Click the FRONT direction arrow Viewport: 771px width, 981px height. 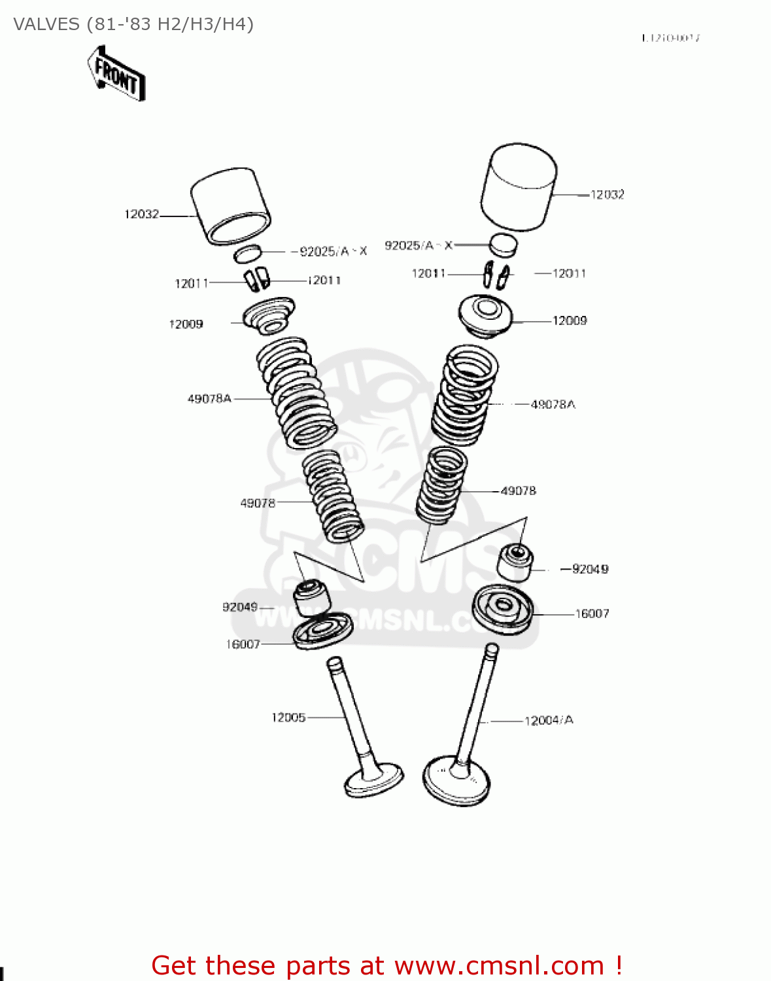coord(116,74)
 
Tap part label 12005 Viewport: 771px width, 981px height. coord(288,717)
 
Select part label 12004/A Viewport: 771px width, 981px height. coord(549,720)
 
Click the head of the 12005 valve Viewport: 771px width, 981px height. coord(373,780)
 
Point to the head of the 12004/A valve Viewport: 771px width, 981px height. coord(456,781)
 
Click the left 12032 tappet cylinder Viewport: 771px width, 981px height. coord(230,205)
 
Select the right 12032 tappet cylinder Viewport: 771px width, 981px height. coord(519,186)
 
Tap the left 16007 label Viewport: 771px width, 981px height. coord(243,644)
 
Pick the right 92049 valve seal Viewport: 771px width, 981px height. coord(515,563)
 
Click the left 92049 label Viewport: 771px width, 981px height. coord(240,607)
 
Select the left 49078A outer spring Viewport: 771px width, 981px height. coord(296,392)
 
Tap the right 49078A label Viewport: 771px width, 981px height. coord(553,404)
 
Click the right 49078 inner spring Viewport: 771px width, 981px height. coord(442,485)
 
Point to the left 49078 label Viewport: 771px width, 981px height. coord(258,503)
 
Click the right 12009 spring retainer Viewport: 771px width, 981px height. coord(485,316)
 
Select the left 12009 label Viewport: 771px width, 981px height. coord(186,324)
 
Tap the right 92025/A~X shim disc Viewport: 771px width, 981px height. coord(504,245)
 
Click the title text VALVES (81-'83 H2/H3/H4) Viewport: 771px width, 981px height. coord(133,24)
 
